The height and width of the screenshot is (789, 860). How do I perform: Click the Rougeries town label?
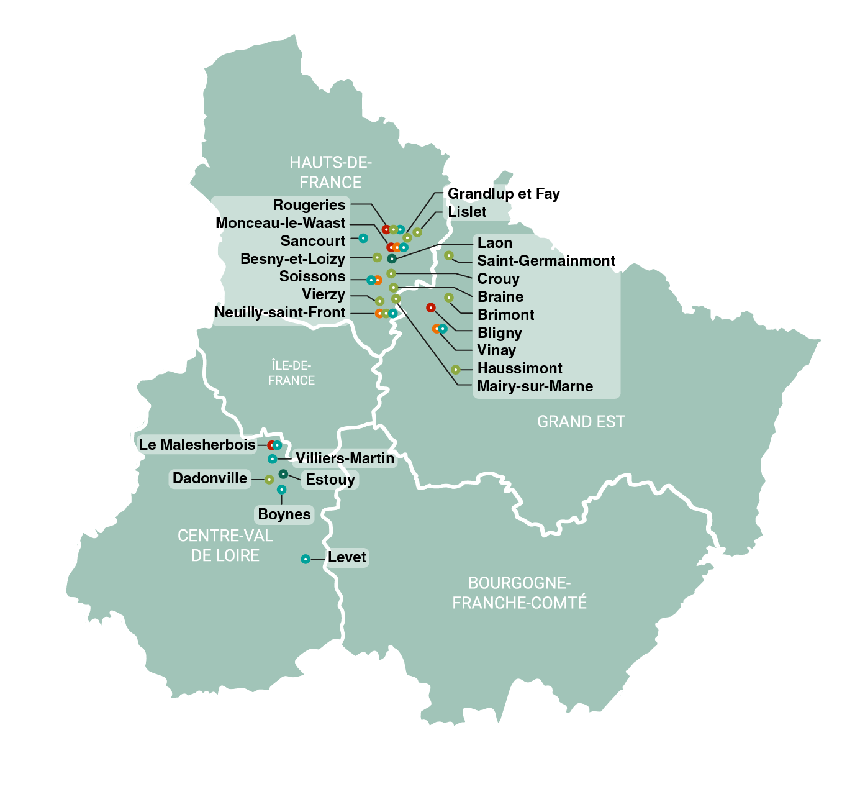[309, 205]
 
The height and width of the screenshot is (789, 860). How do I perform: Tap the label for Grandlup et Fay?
[504, 194]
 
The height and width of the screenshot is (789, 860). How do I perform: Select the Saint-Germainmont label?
[546, 261]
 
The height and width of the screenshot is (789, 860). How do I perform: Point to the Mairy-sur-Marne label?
[535, 386]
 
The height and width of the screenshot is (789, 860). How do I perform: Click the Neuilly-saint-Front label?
[280, 312]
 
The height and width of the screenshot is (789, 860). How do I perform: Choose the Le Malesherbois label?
[197, 445]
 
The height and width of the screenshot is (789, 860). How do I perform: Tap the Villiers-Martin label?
[345, 458]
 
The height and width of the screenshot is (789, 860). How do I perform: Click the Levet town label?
[347, 557]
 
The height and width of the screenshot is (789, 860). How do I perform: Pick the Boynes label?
[284, 514]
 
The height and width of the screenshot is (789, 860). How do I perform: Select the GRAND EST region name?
[581, 422]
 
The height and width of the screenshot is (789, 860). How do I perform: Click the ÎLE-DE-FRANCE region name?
[291, 373]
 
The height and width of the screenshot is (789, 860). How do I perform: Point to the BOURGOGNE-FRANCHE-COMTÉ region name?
[519, 593]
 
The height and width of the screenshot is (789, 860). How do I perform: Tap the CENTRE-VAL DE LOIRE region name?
[225, 545]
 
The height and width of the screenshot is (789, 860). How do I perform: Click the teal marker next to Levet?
[306, 559]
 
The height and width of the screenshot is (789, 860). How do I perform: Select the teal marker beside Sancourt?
[363, 239]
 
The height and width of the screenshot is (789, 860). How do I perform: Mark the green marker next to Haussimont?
[456, 370]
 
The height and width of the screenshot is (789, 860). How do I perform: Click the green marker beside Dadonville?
[269, 480]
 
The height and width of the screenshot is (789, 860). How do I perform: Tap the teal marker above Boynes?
[281, 490]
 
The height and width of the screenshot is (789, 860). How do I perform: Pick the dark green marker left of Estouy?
[283, 474]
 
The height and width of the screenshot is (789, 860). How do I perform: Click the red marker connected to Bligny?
[430, 308]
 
